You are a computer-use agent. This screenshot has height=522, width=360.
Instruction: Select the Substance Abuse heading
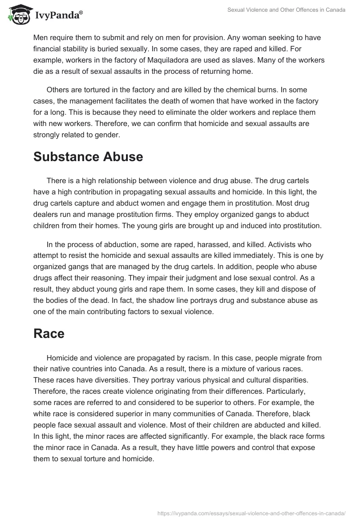(88, 157)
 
